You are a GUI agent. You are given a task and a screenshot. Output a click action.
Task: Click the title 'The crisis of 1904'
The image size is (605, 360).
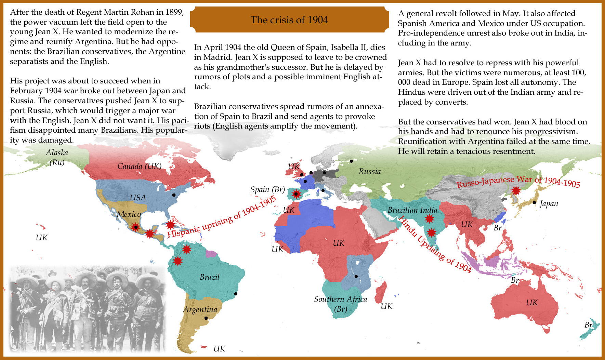tap(289, 20)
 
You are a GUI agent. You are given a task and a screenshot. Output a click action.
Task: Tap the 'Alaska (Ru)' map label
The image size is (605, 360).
tap(57, 157)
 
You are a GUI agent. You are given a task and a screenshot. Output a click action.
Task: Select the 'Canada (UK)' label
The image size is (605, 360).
tap(139, 166)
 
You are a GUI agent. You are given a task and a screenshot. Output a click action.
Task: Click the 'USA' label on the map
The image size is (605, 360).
tap(138, 198)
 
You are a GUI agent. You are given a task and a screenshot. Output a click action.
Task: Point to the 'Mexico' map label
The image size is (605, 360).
tap(129, 214)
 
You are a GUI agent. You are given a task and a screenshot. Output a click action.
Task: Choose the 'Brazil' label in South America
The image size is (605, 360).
tap(209, 277)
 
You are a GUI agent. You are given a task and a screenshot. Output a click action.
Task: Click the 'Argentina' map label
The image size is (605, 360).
tap(200, 309)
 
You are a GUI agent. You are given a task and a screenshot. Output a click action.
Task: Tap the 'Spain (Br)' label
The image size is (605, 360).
tap(267, 189)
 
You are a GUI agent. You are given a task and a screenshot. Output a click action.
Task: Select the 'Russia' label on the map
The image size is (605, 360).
tap(369, 171)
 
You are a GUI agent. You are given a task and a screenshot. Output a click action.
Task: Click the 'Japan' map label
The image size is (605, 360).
tap(549, 204)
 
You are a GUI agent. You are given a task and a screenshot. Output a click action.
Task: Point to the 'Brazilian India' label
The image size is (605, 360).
tap(412, 210)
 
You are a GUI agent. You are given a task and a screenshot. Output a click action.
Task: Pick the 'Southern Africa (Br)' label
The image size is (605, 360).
tap(340, 304)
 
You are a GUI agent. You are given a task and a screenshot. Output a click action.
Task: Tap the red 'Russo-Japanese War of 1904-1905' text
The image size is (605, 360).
tap(518, 182)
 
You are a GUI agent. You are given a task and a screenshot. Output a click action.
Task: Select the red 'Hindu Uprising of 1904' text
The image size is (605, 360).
tap(435, 244)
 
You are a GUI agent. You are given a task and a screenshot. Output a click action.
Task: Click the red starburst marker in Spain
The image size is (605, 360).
tap(296, 194)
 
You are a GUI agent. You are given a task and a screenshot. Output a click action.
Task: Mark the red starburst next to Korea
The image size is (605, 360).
tap(515, 190)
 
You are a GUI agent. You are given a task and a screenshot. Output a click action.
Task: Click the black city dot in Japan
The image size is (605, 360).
tap(534, 202)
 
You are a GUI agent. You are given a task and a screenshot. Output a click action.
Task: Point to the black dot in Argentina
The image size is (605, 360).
tap(206, 318)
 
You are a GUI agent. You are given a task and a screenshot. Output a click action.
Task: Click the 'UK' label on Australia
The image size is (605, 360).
tap(531, 303)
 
